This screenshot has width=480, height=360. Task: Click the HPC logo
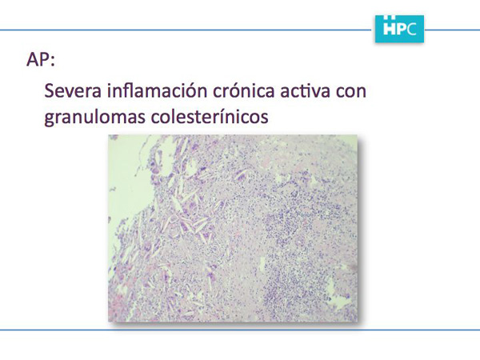tap(399, 29)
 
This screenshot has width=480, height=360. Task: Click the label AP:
tap(41, 59)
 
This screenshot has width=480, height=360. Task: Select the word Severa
tap(73, 90)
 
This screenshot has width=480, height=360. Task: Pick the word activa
tap(306, 90)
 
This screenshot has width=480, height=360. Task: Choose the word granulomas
tap(94, 117)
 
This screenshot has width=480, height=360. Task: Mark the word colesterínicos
tap(210, 115)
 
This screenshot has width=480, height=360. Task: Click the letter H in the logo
tap(390, 29)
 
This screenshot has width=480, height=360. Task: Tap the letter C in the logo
tap(412, 29)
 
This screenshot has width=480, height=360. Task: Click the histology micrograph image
tap(233, 228)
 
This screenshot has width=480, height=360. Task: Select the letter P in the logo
tap(402, 29)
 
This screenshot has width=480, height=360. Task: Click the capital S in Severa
tap(50, 90)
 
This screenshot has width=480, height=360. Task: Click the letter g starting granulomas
tap(50, 118)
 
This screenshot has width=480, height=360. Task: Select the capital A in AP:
tap(33, 59)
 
